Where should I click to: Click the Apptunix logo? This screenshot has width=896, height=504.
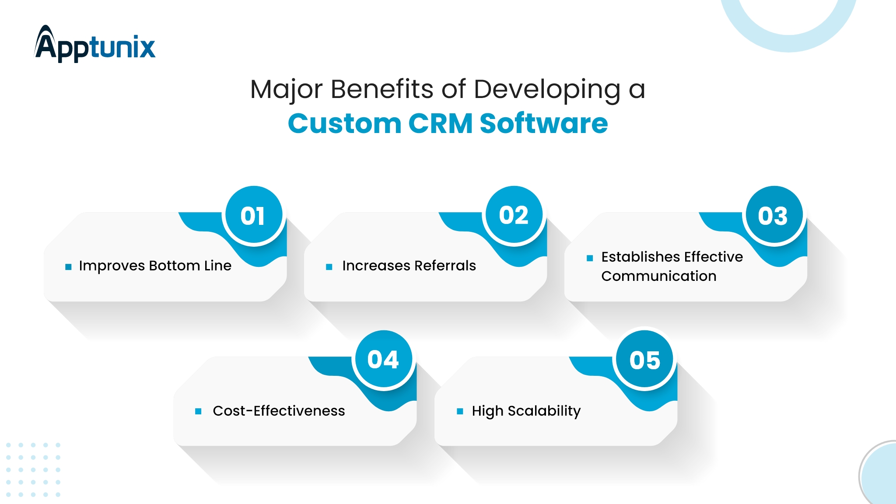point(95,44)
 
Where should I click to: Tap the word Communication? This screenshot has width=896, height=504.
point(659,276)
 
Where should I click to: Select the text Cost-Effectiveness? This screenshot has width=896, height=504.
point(279,411)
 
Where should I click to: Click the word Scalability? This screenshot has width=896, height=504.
point(544,411)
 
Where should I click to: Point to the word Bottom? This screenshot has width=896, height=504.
point(175,266)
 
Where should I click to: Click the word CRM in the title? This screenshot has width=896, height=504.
point(441,123)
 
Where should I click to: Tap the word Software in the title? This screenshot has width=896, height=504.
point(544,123)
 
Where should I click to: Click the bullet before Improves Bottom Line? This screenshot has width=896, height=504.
point(68,266)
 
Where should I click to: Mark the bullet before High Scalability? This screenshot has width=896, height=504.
point(460,411)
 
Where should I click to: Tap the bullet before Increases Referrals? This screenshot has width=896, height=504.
point(329,266)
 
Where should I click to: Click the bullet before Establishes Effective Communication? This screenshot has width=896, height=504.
point(590,258)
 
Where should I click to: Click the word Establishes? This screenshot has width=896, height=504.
point(640,257)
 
